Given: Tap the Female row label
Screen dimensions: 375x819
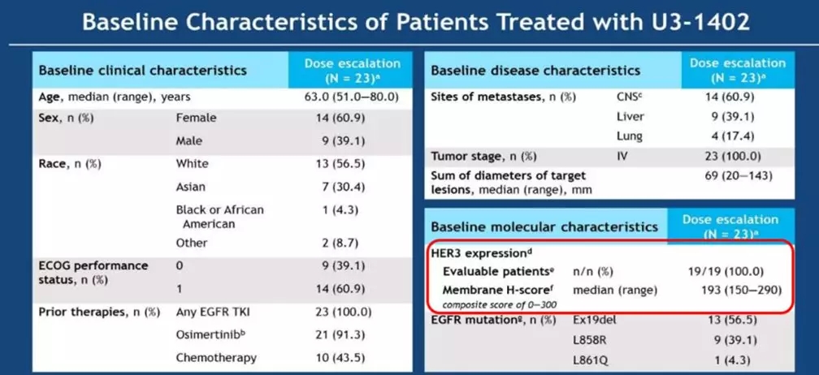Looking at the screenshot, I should tap(196, 118).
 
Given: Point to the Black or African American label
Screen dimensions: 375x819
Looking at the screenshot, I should tap(219, 217).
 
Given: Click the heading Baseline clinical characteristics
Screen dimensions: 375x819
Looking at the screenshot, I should tap(142, 70).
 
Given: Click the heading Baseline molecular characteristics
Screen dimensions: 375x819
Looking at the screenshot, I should tap(544, 226).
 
